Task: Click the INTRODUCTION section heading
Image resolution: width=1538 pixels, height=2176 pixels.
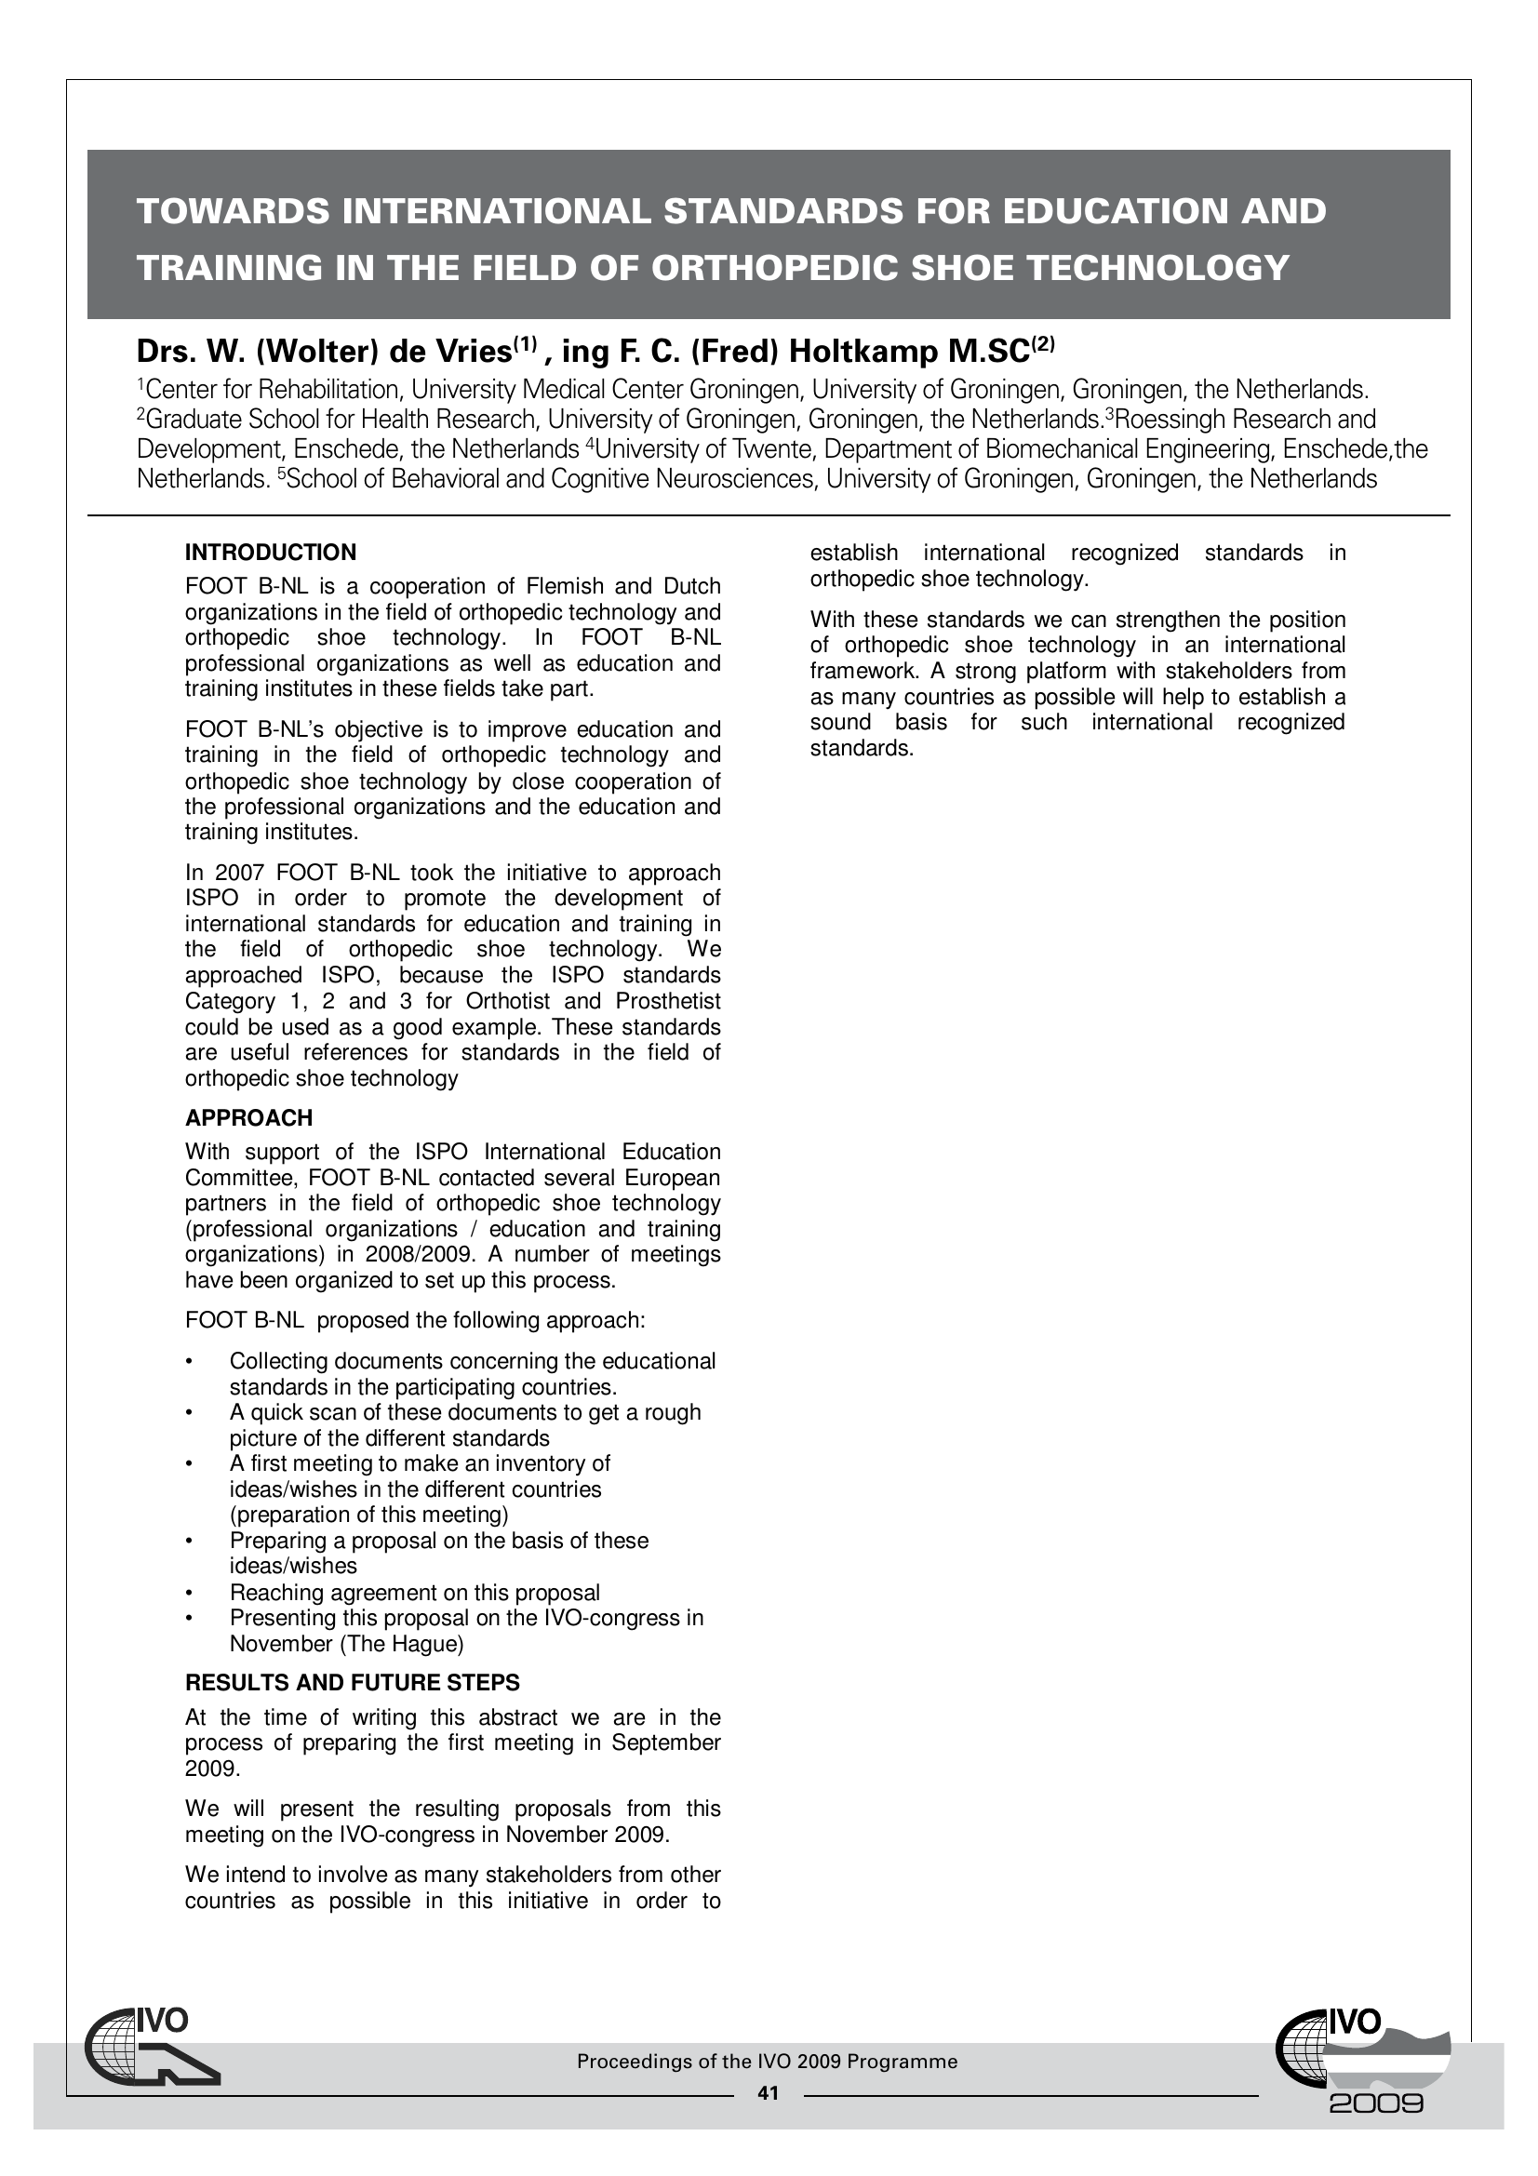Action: [271, 553]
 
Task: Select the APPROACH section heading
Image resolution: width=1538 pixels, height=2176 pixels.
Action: [248, 1118]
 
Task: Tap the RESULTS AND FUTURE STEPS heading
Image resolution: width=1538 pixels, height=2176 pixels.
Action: [353, 1683]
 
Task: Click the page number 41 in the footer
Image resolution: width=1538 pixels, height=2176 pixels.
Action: [768, 2093]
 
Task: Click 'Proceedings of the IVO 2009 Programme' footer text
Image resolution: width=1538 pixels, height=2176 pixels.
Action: [768, 2062]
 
